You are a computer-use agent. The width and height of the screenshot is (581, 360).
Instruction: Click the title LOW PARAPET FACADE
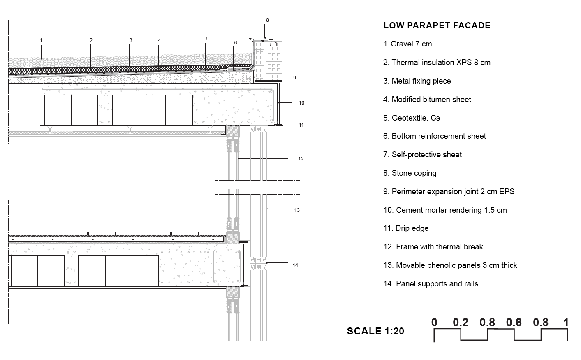pyautogui.click(x=437, y=26)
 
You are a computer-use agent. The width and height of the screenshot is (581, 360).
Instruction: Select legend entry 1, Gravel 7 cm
pyautogui.click(x=407, y=44)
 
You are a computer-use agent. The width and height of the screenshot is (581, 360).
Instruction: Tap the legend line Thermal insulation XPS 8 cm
pyautogui.click(x=437, y=62)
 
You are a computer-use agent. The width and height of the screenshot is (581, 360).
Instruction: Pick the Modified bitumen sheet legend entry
pyautogui.click(x=427, y=100)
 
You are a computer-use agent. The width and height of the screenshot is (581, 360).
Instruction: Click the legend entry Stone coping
pyautogui.click(x=410, y=173)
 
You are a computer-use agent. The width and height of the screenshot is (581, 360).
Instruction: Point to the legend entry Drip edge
pyautogui.click(x=406, y=228)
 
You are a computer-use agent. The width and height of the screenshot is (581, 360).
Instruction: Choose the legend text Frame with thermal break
pyautogui.click(x=433, y=246)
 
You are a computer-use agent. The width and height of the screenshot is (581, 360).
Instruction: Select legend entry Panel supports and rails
pyautogui.click(x=431, y=284)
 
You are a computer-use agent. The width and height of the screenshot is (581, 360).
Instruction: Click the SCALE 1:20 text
pyautogui.click(x=375, y=331)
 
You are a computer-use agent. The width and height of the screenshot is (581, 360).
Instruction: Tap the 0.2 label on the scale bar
pyautogui.click(x=461, y=323)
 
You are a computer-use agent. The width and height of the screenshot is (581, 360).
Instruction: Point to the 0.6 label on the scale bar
pyautogui.click(x=514, y=323)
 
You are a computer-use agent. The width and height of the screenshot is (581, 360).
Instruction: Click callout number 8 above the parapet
pyautogui.click(x=267, y=20)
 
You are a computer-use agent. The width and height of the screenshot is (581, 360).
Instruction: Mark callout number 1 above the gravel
pyautogui.click(x=41, y=40)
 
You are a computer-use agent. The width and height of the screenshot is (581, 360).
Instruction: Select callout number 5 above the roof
pyautogui.click(x=207, y=38)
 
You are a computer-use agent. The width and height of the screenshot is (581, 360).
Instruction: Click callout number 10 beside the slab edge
pyautogui.click(x=301, y=103)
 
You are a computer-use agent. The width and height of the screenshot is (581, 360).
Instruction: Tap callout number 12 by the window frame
pyautogui.click(x=301, y=158)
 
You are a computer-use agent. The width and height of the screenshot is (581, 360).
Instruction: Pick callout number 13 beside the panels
pyautogui.click(x=297, y=210)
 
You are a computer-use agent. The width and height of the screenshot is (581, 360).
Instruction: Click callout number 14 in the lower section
pyautogui.click(x=295, y=265)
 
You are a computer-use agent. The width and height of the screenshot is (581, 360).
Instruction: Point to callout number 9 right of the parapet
pyautogui.click(x=294, y=78)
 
